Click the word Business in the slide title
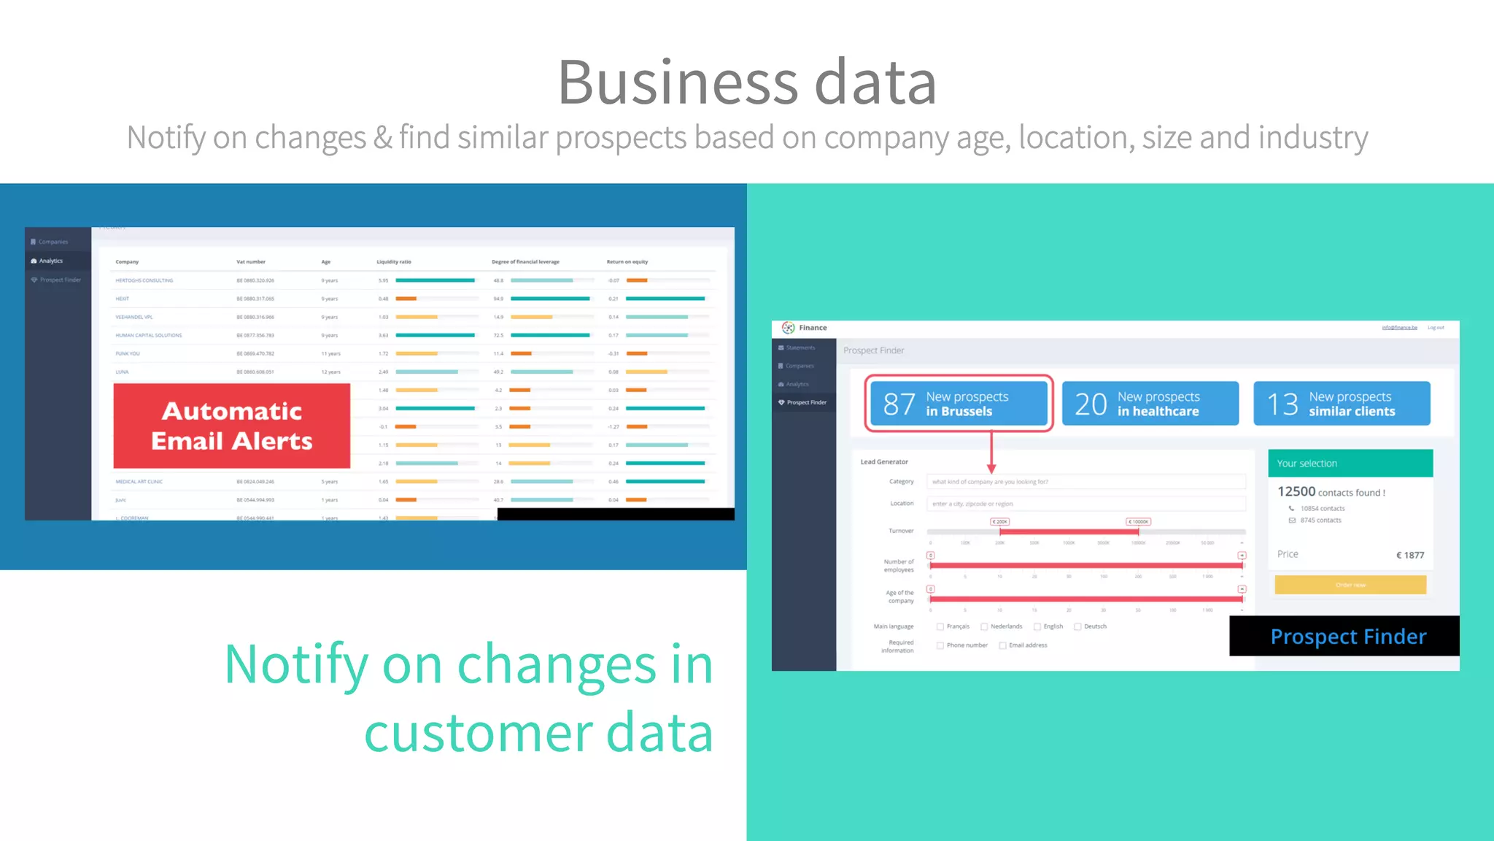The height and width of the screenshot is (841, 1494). [x=678, y=82]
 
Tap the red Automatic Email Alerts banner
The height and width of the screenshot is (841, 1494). [x=232, y=426]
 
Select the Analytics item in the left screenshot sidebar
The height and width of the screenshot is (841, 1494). [x=51, y=261]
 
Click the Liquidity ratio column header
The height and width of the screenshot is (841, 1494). [x=394, y=261]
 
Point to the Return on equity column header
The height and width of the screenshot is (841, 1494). [x=627, y=261]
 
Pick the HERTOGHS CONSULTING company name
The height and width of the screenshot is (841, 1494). [x=144, y=280]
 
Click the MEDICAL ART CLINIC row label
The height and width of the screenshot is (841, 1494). [x=139, y=482]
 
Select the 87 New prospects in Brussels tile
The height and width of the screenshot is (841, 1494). [x=959, y=403]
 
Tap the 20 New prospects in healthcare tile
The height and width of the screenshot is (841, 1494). [x=1150, y=403]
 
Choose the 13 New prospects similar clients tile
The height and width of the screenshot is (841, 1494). [x=1342, y=403]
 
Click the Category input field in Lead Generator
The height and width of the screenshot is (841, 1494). [x=1085, y=482]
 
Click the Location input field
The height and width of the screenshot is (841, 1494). [x=1085, y=504]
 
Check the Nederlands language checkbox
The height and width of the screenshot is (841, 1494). [x=984, y=626]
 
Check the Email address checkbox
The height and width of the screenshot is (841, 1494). [x=1003, y=645]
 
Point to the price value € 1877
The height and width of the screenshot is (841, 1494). [x=1410, y=555]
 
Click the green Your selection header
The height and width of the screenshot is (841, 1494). [x=1350, y=464]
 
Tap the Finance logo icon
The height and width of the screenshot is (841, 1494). [x=788, y=328]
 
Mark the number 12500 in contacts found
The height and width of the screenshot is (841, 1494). [x=1296, y=492]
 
